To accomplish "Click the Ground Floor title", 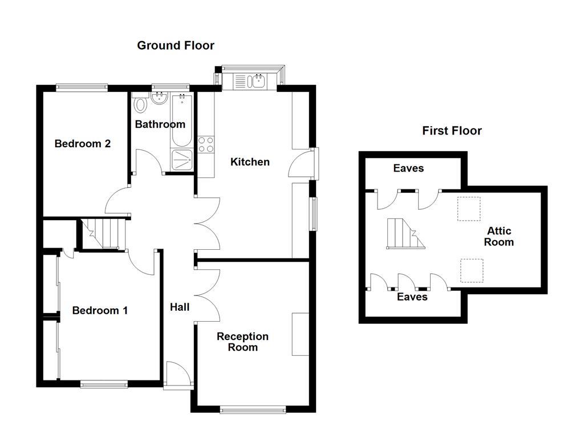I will pyautogui.click(x=176, y=46).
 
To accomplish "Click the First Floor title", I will pyautogui.click(x=452, y=131).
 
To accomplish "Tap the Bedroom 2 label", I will pyautogui.click(x=82, y=144).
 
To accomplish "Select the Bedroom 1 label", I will pyautogui.click(x=100, y=311).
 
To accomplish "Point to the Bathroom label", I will pyautogui.click(x=160, y=124).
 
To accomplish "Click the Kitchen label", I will pyautogui.click(x=250, y=162).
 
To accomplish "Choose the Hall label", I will pyautogui.click(x=180, y=307).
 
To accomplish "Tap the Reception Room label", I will pyautogui.click(x=242, y=342).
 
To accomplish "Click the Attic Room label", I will pyautogui.click(x=498, y=237).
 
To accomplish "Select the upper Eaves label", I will pyautogui.click(x=408, y=168).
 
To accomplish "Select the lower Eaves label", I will pyautogui.click(x=412, y=297).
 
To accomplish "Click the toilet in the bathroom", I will pyautogui.click(x=140, y=105).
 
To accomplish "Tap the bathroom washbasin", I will pyautogui.click(x=158, y=100).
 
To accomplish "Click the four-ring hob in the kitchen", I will pyautogui.click(x=205, y=145).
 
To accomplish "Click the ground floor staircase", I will pyautogui.click(x=103, y=234).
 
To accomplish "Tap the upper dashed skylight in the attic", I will pyautogui.click(x=469, y=209).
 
